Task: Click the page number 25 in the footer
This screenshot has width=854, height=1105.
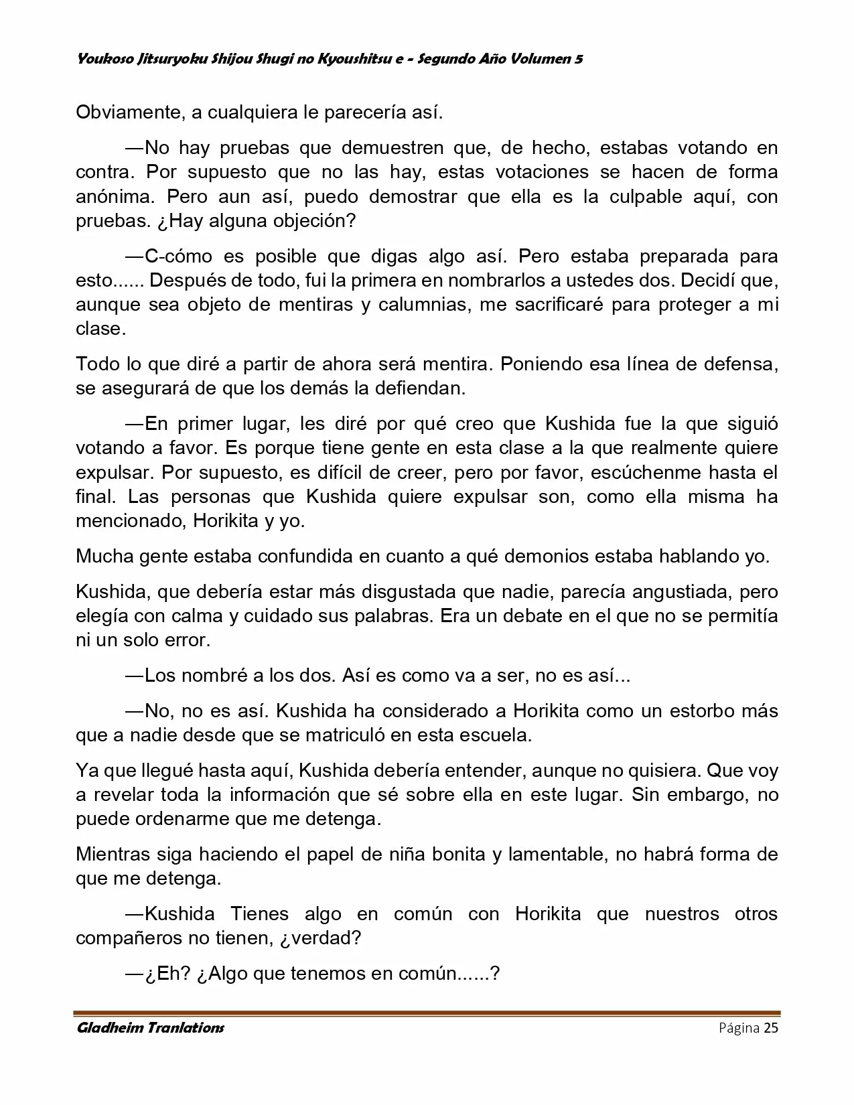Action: click(770, 1028)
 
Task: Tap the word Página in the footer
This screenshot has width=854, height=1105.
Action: click(739, 1028)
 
